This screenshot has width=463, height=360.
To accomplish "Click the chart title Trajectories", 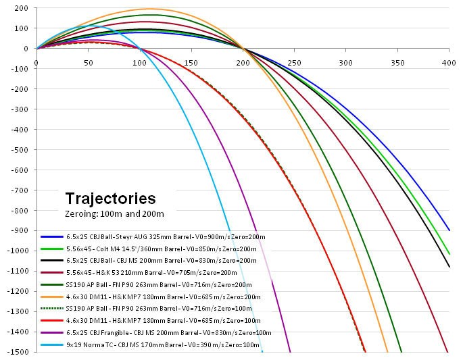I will pyautogui.click(x=110, y=199).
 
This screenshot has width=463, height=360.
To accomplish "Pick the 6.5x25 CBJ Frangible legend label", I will pyautogui.click(x=169, y=332).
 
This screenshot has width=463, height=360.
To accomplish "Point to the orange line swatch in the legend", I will pyautogui.click(x=51, y=297).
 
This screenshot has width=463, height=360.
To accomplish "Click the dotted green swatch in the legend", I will pyautogui.click(x=51, y=309).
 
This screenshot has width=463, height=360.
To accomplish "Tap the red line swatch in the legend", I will pyautogui.click(x=51, y=321).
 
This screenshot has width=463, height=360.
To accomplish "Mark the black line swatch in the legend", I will pyautogui.click(x=51, y=261).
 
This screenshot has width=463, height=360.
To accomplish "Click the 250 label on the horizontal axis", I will pyautogui.click(x=295, y=63).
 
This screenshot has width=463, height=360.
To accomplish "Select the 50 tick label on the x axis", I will pyautogui.click(x=89, y=63).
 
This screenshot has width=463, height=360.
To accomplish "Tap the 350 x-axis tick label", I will pyautogui.click(x=398, y=63).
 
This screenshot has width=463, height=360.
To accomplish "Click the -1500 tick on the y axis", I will pyautogui.click(x=18, y=353).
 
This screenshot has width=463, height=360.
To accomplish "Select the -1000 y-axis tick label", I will pyautogui.click(x=18, y=251).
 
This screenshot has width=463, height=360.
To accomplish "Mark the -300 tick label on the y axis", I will pyautogui.click(x=20, y=109).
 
